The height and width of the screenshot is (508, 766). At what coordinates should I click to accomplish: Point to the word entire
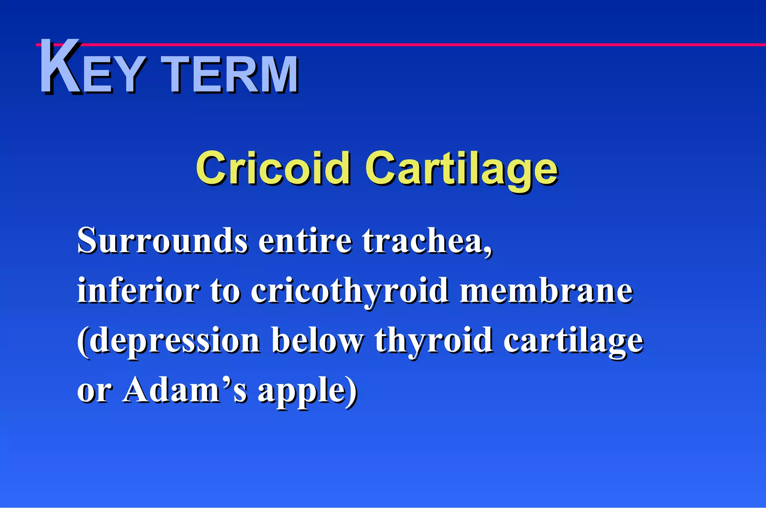(305, 241)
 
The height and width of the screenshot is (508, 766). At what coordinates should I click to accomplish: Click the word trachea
(423, 241)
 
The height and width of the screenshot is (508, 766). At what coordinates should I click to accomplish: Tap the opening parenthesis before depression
(83, 342)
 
